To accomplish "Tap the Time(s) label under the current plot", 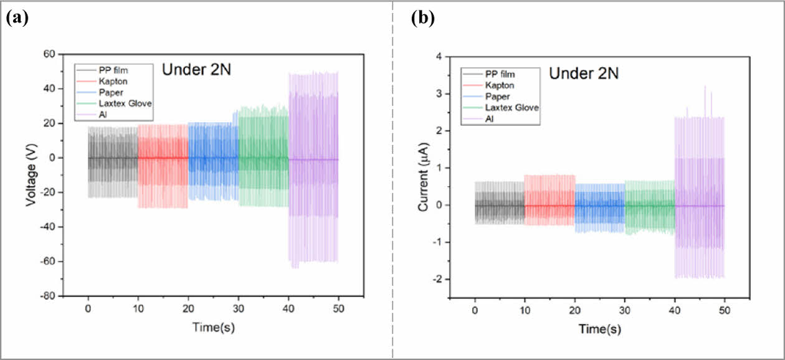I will pyautogui.click(x=599, y=328).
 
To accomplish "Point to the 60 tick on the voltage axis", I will pyautogui.click(x=49, y=54).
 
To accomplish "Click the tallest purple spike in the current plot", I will pyautogui.click(x=705, y=87).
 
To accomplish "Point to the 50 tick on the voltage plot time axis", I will pyautogui.click(x=338, y=308).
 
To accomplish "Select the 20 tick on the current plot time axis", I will pyautogui.click(x=574, y=308).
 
